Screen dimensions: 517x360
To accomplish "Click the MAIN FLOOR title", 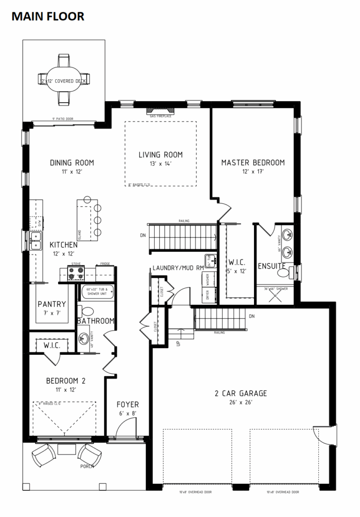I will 48,16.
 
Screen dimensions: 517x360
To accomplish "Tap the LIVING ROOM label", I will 160,155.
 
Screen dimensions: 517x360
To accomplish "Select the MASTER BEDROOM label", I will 253,163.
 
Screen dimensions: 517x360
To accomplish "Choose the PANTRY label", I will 52,304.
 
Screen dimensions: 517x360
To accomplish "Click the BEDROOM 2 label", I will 66,381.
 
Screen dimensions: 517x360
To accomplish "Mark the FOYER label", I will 127,405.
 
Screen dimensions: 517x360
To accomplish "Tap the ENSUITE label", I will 271,266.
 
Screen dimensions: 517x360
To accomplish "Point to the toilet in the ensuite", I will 294,272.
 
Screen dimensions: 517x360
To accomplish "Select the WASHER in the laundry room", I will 208,280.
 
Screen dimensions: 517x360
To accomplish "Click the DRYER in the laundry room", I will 208,294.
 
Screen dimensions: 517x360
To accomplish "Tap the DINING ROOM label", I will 72,163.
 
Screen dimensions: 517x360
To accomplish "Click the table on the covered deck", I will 64,80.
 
